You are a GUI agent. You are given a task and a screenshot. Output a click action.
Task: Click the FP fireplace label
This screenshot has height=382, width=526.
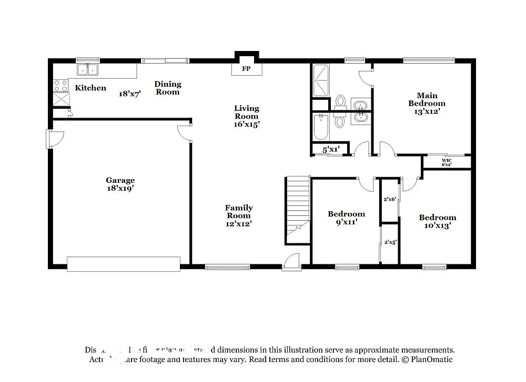[x=246, y=69]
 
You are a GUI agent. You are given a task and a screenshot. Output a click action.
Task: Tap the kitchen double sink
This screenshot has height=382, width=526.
[x=88, y=69]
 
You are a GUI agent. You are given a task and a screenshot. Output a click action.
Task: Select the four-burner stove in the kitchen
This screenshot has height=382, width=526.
[x=60, y=85]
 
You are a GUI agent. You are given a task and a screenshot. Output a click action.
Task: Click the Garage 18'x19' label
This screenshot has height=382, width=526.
[x=120, y=184]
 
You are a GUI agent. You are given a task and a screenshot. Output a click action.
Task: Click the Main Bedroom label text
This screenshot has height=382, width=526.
[x=427, y=103]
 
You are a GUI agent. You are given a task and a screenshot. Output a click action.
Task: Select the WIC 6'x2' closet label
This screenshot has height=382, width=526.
[x=447, y=162]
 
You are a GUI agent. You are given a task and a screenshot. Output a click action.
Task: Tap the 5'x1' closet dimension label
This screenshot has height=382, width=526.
[x=331, y=150]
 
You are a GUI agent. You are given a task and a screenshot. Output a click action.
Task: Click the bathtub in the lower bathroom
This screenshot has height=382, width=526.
[x=320, y=127]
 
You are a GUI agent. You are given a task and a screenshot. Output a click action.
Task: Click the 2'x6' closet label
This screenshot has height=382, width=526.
[x=390, y=199]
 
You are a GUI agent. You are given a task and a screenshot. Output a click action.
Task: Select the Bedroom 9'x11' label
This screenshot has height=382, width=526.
[x=346, y=218]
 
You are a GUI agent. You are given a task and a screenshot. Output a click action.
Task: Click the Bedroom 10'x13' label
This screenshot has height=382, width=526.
[x=437, y=221]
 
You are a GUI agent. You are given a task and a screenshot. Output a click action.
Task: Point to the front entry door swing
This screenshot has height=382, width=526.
[x=291, y=261]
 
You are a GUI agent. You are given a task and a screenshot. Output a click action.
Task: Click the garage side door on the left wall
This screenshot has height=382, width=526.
[x=55, y=138]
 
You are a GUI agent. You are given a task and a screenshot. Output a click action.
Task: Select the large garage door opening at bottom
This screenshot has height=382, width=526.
[x=124, y=264]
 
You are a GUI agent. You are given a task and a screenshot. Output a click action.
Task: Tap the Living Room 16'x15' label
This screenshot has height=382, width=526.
[x=247, y=116]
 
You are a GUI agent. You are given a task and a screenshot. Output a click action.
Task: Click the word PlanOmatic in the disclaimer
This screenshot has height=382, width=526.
[x=431, y=359]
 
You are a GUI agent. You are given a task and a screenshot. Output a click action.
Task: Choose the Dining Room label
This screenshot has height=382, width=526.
[x=168, y=88]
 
